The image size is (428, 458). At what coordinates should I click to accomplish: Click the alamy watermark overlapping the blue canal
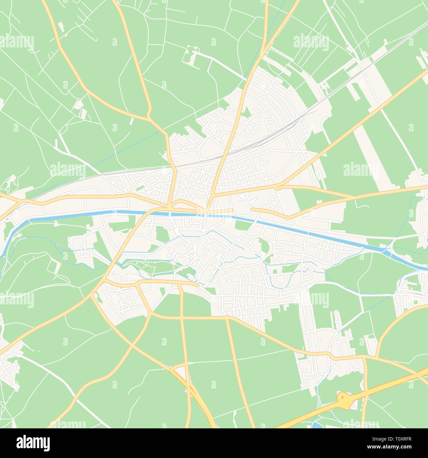pyautogui.click(x=214, y=211)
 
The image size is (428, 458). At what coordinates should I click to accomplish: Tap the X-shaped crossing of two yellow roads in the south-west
pyautogui.click(x=132, y=344)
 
